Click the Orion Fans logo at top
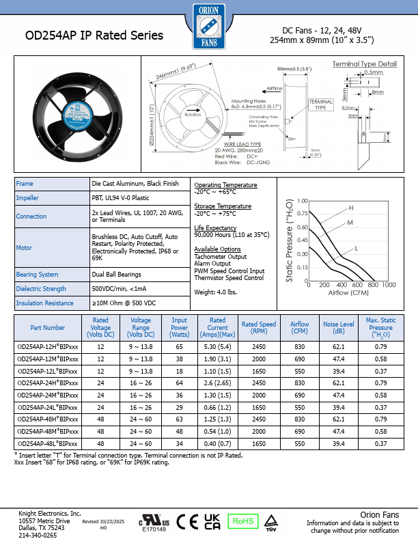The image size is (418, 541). pyautogui.click(x=209, y=26)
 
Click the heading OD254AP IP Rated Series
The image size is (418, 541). pyautogui.click(x=94, y=36)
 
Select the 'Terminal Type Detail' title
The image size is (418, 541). pyautogui.click(x=364, y=64)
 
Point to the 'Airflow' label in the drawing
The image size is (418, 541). pyautogui.click(x=274, y=89)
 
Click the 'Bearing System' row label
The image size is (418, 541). pyautogui.click(x=37, y=275)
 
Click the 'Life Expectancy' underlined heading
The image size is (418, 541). pyautogui.click(x=214, y=227)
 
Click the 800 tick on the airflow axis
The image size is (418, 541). pyautogui.click(x=373, y=285)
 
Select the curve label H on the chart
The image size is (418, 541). pyautogui.click(x=351, y=208)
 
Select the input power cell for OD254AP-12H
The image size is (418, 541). pyautogui.click(x=180, y=347)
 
